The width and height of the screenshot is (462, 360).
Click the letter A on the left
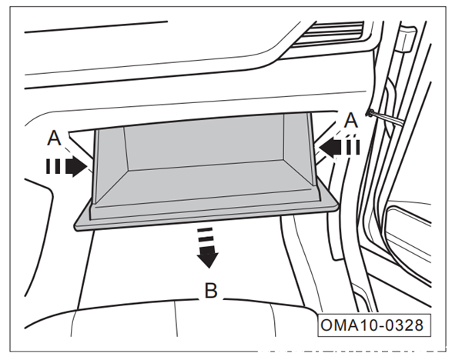(x=54, y=138)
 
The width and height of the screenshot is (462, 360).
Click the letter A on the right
(x=351, y=121)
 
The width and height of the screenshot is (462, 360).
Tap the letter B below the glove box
(x=211, y=291)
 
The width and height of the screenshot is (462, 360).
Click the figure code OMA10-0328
(x=372, y=325)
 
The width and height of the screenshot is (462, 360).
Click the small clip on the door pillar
(x=370, y=112)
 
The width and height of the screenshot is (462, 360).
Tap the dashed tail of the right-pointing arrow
(x=53, y=167)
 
